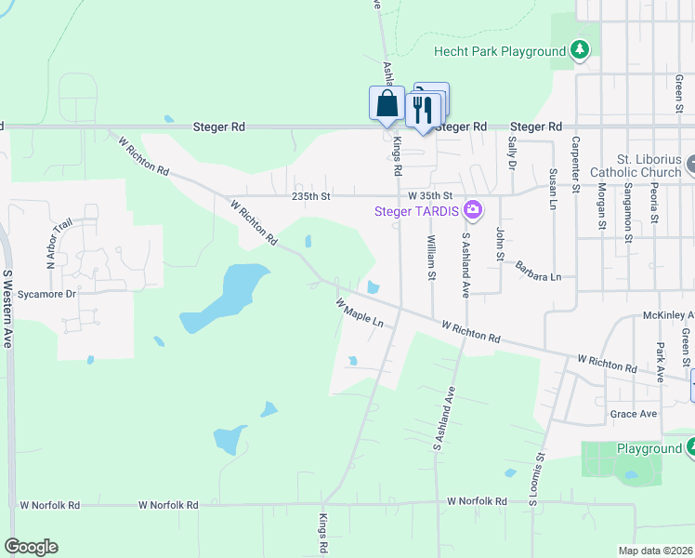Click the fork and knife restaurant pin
(423, 110)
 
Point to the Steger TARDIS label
(418, 211)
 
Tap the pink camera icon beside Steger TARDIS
(474, 210)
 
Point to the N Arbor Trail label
(50, 241)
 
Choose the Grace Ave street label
(633, 414)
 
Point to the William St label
(431, 257)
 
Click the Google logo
(31, 547)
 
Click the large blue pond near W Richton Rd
(223, 296)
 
